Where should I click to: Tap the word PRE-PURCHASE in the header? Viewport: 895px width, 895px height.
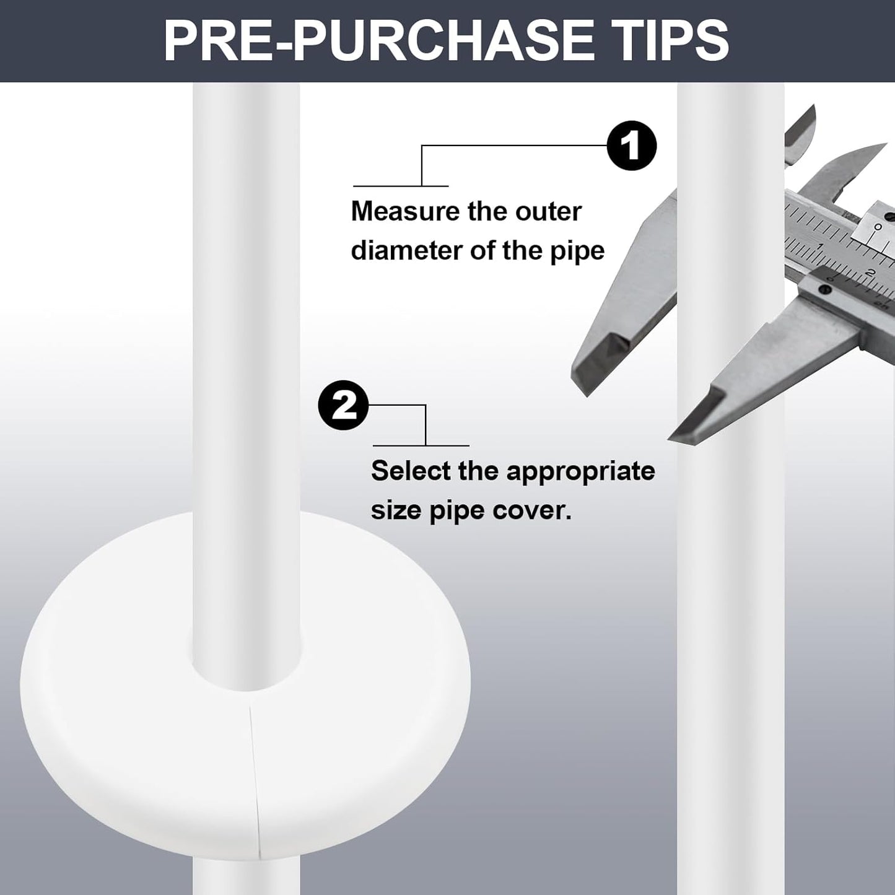pyautogui.click(x=378, y=41)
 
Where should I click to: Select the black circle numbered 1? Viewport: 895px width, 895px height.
pyautogui.click(x=632, y=146)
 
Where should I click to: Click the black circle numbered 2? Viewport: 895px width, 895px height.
pyautogui.click(x=343, y=405)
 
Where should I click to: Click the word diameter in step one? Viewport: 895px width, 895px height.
pyautogui.click(x=406, y=250)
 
